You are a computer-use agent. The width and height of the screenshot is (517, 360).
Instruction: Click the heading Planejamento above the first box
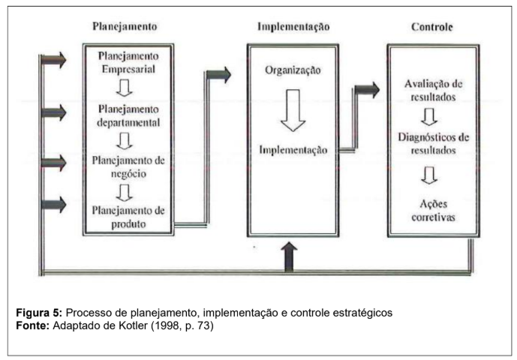click(x=125, y=27)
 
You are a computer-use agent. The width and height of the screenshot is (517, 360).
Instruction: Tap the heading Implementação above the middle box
click(x=293, y=27)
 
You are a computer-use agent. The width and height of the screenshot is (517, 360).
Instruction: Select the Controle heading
click(x=432, y=27)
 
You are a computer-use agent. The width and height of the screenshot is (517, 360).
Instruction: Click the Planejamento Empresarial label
click(x=128, y=63)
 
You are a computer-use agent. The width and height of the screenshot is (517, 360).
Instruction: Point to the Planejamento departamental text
click(x=128, y=115)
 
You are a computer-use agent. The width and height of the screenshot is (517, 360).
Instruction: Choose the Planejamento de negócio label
click(x=128, y=167)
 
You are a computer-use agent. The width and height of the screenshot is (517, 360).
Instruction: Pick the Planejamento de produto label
click(x=128, y=217)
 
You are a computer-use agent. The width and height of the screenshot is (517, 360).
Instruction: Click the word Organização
click(x=293, y=70)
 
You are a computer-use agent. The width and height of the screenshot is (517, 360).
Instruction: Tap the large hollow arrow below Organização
click(x=293, y=110)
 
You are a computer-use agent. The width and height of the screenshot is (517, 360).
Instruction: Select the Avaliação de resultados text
click(x=433, y=90)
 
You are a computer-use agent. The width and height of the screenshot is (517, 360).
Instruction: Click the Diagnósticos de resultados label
click(x=433, y=143)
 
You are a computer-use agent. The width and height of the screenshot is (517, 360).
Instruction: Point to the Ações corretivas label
click(x=433, y=210)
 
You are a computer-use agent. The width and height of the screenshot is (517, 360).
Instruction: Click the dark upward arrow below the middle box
click(x=289, y=256)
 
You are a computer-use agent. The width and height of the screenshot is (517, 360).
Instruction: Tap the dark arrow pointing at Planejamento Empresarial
click(x=54, y=60)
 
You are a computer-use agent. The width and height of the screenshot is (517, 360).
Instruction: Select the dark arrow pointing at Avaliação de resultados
click(x=368, y=90)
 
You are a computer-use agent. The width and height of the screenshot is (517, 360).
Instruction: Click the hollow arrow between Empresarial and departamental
click(x=125, y=88)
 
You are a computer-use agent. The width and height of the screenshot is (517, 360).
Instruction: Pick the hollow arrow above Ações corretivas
click(x=429, y=175)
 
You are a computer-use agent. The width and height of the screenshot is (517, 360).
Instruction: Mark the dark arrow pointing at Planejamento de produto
click(x=54, y=205)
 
